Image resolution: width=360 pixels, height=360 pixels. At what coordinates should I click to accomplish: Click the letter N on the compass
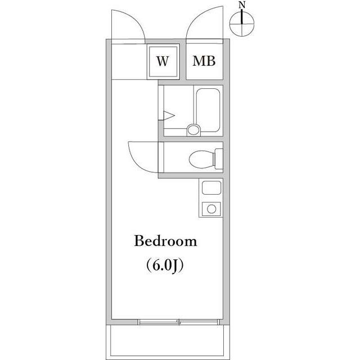point(242,4)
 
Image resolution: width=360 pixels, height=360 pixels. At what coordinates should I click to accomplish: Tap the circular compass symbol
point(242,24)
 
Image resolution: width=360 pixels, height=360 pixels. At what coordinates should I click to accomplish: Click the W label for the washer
point(163,61)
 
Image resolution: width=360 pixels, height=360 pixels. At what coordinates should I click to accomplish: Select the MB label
point(204,61)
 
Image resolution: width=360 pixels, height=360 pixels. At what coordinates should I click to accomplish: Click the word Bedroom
point(165,241)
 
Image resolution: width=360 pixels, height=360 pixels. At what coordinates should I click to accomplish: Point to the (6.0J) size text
point(165,265)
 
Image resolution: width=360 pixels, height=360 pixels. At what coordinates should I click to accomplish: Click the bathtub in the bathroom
point(208,110)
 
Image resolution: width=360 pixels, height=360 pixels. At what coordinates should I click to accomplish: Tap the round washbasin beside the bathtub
point(193,130)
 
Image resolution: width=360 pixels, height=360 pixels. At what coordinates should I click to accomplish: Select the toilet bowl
point(201,159)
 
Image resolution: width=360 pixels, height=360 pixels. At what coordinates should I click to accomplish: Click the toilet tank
point(219,159)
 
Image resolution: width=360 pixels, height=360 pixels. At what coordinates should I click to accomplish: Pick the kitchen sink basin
point(211,187)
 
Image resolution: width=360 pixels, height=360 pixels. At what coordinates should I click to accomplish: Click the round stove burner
point(211,209)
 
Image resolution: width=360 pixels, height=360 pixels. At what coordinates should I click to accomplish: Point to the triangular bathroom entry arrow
point(169,115)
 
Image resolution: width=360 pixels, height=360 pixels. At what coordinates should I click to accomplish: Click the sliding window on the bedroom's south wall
point(179,322)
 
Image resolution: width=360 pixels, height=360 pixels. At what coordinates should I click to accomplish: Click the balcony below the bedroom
point(168,342)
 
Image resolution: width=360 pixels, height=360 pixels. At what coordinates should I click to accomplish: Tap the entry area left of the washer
point(129,61)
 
